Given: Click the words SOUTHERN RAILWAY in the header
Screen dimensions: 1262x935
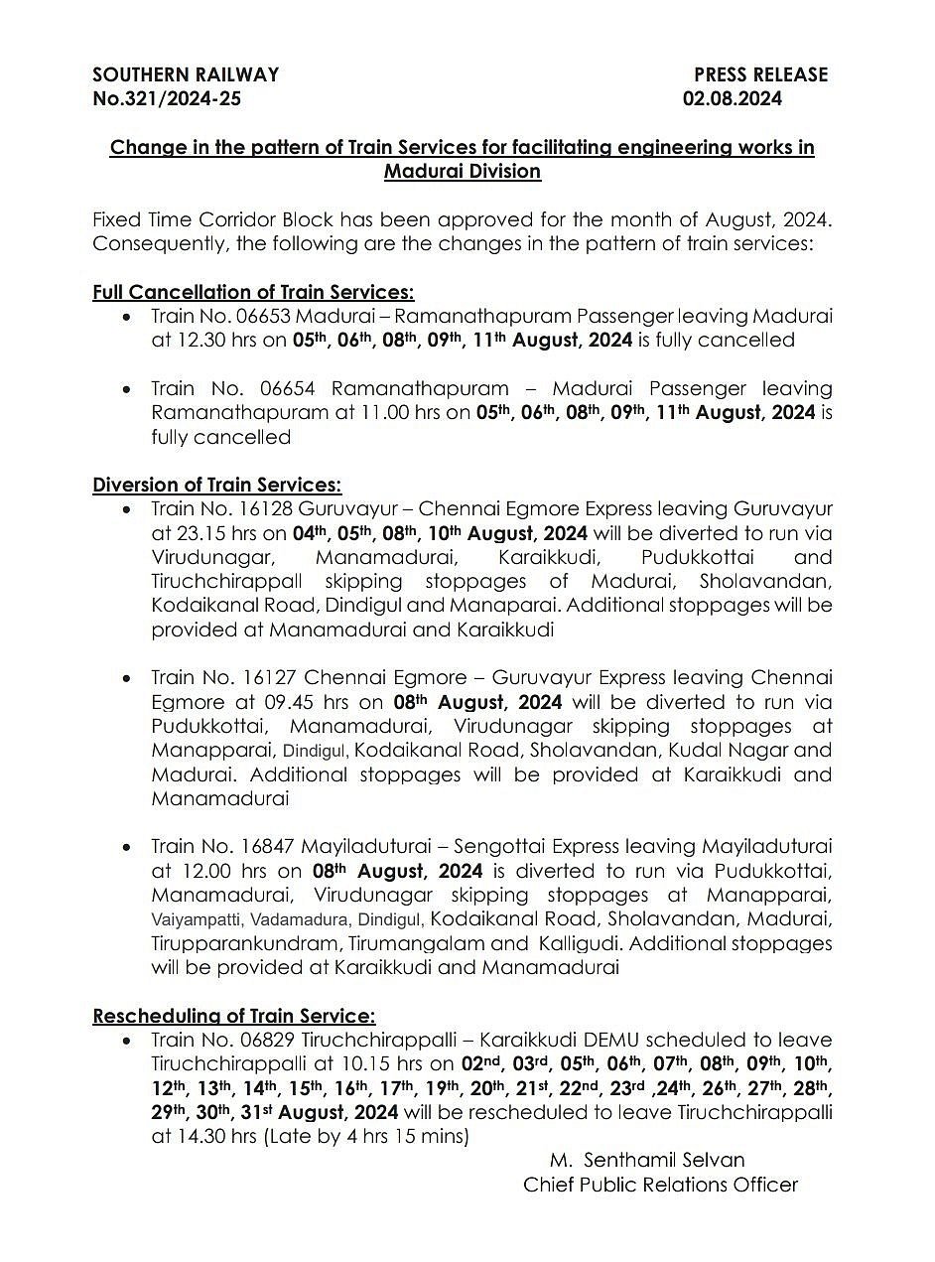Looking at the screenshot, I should (186, 74).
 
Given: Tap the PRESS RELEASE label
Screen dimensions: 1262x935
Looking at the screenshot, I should (760, 74).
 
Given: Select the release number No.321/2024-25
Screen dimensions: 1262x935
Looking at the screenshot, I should (167, 98).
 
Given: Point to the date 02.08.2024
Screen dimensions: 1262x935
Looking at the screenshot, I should (732, 98).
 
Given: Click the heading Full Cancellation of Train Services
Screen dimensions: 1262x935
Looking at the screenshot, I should (253, 292).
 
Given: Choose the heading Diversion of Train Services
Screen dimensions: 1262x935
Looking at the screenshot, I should (216, 485).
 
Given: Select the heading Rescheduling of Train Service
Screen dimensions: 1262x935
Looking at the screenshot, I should (234, 1016).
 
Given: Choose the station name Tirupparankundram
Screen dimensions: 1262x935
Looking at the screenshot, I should (234, 943).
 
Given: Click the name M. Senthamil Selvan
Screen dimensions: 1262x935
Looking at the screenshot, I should (647, 1160).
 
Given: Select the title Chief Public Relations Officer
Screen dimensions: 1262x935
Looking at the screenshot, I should (661, 1185).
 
